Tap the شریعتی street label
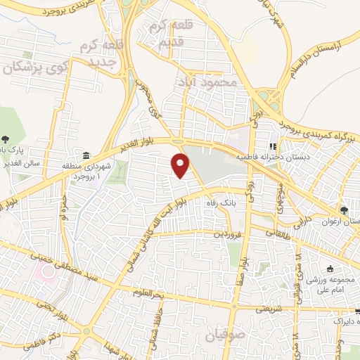pos(269,307)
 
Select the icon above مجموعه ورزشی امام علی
pos(330,269)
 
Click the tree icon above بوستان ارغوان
pos(343,210)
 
